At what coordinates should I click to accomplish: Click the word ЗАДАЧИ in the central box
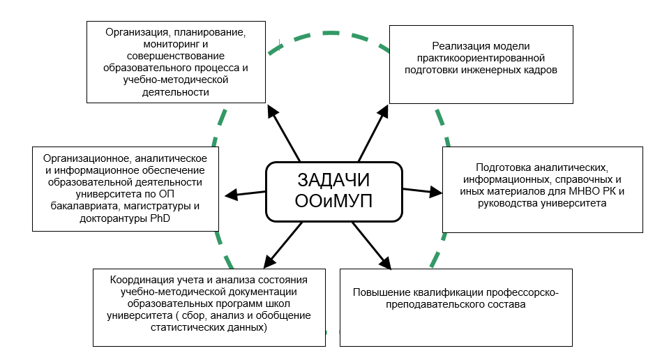click(333, 180)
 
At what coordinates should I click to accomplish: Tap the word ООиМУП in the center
click(333, 201)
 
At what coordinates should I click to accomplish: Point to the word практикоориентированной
click(481, 58)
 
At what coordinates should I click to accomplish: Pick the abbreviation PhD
click(160, 218)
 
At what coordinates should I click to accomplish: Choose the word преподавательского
click(433, 305)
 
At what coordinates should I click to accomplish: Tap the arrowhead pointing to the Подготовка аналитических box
click(435, 192)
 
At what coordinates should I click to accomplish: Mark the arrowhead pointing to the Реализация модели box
click(384, 111)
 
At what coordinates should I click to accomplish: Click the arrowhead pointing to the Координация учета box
click(270, 261)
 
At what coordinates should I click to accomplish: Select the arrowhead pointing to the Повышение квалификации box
click(385, 263)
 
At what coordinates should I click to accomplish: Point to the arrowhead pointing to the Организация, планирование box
click(272, 112)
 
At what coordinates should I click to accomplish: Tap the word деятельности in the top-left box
click(175, 92)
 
